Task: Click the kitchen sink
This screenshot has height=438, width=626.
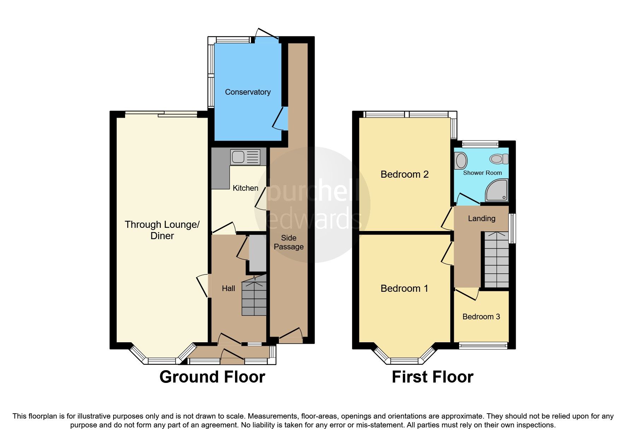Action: [x=245, y=157]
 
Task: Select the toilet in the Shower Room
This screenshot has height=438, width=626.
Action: [x=499, y=159]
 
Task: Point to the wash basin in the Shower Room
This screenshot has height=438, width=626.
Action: [x=461, y=161]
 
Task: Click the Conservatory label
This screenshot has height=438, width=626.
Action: [x=248, y=92]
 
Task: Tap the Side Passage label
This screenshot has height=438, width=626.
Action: [x=288, y=242]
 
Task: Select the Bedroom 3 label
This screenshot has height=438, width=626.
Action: [x=481, y=316]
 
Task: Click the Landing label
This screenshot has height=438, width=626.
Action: [x=481, y=219]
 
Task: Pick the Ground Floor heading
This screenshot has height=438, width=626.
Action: [x=212, y=377]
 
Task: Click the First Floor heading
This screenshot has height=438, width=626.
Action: [x=432, y=377]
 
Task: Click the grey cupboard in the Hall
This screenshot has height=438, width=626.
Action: [x=257, y=253]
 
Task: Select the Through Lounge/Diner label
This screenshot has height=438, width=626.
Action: [x=162, y=230]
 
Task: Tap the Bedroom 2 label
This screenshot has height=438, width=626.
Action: [x=404, y=174]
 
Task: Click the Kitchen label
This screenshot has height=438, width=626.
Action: [x=245, y=188]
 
